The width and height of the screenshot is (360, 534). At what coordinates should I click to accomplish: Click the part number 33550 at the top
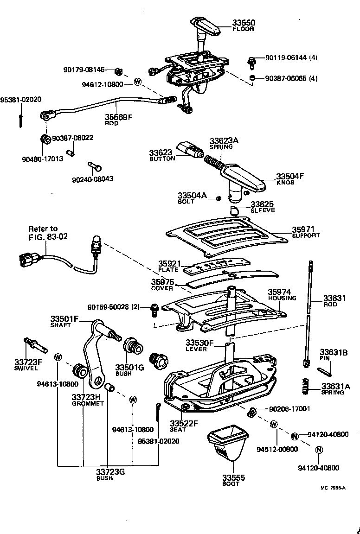coord(244,22)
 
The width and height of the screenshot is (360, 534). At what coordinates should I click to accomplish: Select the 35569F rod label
coord(118,117)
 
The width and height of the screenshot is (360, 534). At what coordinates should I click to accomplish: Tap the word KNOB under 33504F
coord(285,183)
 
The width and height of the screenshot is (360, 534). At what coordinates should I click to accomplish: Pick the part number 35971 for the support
coord(303,229)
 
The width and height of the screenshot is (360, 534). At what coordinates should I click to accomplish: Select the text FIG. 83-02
coord(48,236)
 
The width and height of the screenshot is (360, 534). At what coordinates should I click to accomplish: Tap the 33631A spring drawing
coord(305,386)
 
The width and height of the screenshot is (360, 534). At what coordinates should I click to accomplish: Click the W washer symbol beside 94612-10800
coord(137,82)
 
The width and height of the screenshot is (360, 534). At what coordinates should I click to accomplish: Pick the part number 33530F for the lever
coord(199,343)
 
